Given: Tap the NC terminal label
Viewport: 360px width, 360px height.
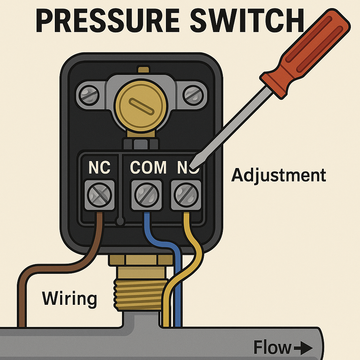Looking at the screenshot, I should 99,168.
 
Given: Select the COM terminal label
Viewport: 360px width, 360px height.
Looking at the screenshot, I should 148,168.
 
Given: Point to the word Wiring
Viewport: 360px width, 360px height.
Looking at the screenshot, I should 69,299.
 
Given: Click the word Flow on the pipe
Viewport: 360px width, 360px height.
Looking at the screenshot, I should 272,348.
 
